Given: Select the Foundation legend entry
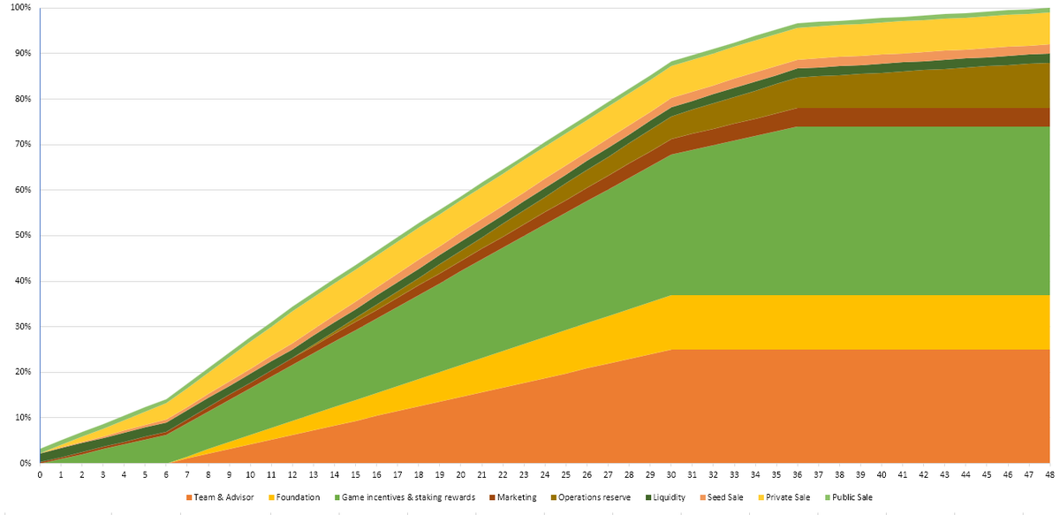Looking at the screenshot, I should pyautogui.click(x=297, y=497).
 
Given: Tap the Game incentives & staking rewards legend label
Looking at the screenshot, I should pyautogui.click(x=405, y=497).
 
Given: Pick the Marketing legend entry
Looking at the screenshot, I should pyautogui.click(x=516, y=497).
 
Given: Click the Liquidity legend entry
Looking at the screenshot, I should pyautogui.click(x=668, y=497).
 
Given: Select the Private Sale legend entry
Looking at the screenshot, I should pyautogui.click(x=790, y=497).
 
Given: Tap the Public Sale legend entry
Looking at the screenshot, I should pyautogui.click(x=853, y=497).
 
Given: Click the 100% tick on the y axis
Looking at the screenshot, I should pyautogui.click(x=19, y=8).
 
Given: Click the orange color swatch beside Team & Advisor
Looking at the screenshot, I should pyautogui.click(x=189, y=497).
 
